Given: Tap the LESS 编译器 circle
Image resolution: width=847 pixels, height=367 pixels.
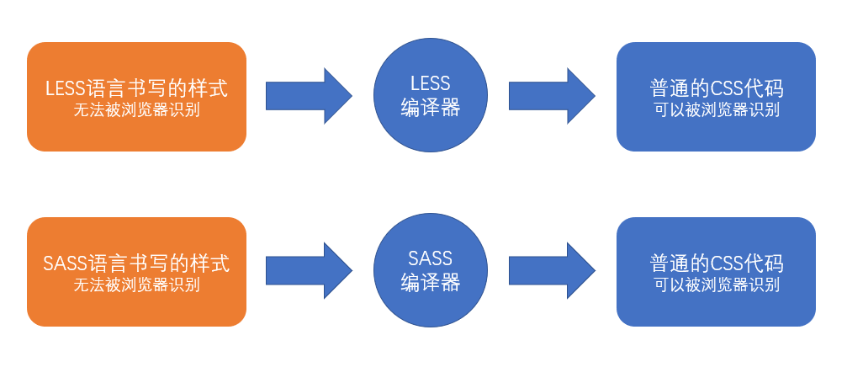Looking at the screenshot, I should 430,96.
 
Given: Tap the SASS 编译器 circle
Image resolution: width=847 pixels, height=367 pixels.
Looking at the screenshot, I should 430,271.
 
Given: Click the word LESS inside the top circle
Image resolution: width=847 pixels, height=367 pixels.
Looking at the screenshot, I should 430,83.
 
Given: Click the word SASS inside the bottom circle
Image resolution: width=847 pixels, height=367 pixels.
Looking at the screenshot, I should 430,258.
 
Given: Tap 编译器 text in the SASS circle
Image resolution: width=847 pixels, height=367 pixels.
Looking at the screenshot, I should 430,283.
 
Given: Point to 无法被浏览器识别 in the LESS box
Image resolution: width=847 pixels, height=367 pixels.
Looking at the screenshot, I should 136,109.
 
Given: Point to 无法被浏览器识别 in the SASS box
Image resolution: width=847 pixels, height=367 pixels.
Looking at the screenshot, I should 136,285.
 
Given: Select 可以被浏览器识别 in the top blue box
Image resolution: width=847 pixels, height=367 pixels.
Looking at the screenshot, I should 716,109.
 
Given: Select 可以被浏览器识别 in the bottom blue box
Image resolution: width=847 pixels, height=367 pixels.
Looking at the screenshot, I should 716,285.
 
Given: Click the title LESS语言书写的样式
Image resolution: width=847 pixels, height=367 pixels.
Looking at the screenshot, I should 136,88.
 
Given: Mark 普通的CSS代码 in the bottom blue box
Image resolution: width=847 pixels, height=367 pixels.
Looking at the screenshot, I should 716,263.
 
